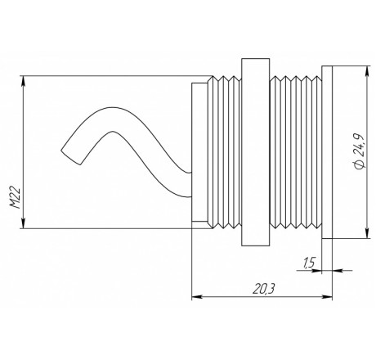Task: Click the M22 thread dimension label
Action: click(16, 198)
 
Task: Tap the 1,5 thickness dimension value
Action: click(308, 263)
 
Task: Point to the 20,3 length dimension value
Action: click(262, 289)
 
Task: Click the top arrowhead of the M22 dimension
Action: click(24, 81)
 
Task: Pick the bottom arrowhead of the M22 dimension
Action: click(24, 223)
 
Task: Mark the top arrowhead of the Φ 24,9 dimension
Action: click(368, 71)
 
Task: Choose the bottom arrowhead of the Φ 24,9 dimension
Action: click(368, 232)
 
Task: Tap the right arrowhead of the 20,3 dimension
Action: click(327, 297)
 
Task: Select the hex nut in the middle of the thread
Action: click(256, 152)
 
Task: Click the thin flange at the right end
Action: click(327, 152)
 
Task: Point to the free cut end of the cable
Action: click(71, 157)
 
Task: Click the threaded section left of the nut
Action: click(225, 152)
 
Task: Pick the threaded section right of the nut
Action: click(296, 152)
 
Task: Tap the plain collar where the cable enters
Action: click(199, 152)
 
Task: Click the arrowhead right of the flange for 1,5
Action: click(338, 271)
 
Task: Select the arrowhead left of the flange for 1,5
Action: click(316, 271)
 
